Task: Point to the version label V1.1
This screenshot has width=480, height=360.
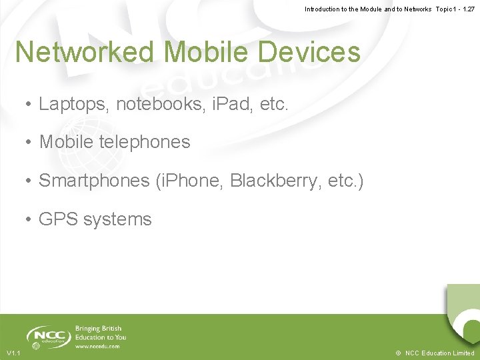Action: (13, 353)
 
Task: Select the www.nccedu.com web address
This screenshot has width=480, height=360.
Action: (97, 347)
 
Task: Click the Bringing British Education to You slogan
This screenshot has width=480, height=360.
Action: (100, 333)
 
